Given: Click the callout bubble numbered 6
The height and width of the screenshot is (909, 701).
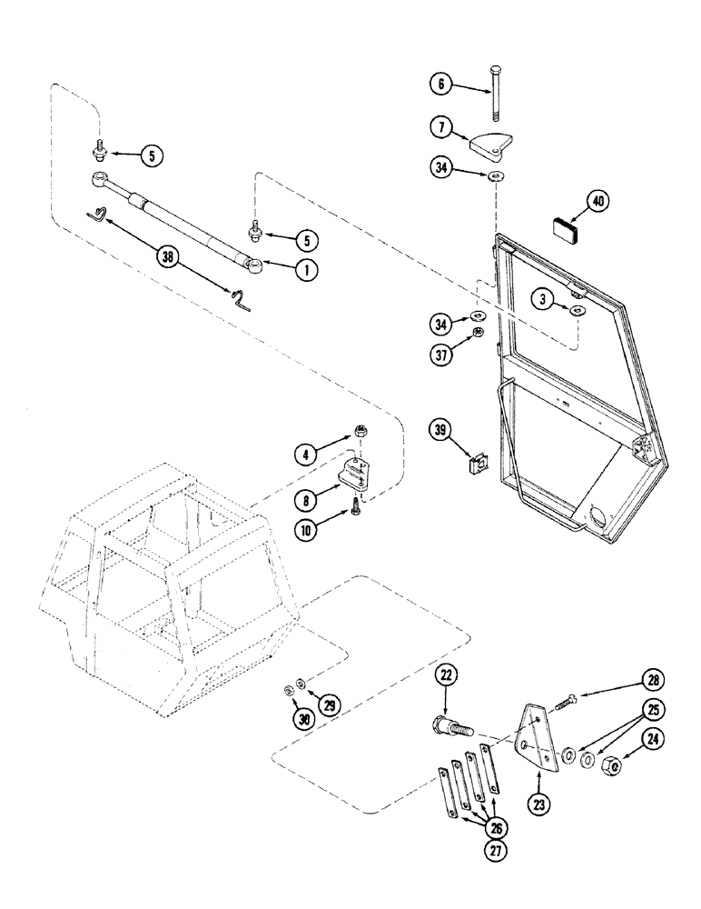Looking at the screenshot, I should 441,84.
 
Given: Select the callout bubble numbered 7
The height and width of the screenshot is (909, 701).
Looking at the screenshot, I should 441,126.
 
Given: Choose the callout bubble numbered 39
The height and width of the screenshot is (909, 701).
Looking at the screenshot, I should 441,428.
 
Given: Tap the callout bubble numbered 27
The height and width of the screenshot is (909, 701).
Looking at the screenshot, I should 495,852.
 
